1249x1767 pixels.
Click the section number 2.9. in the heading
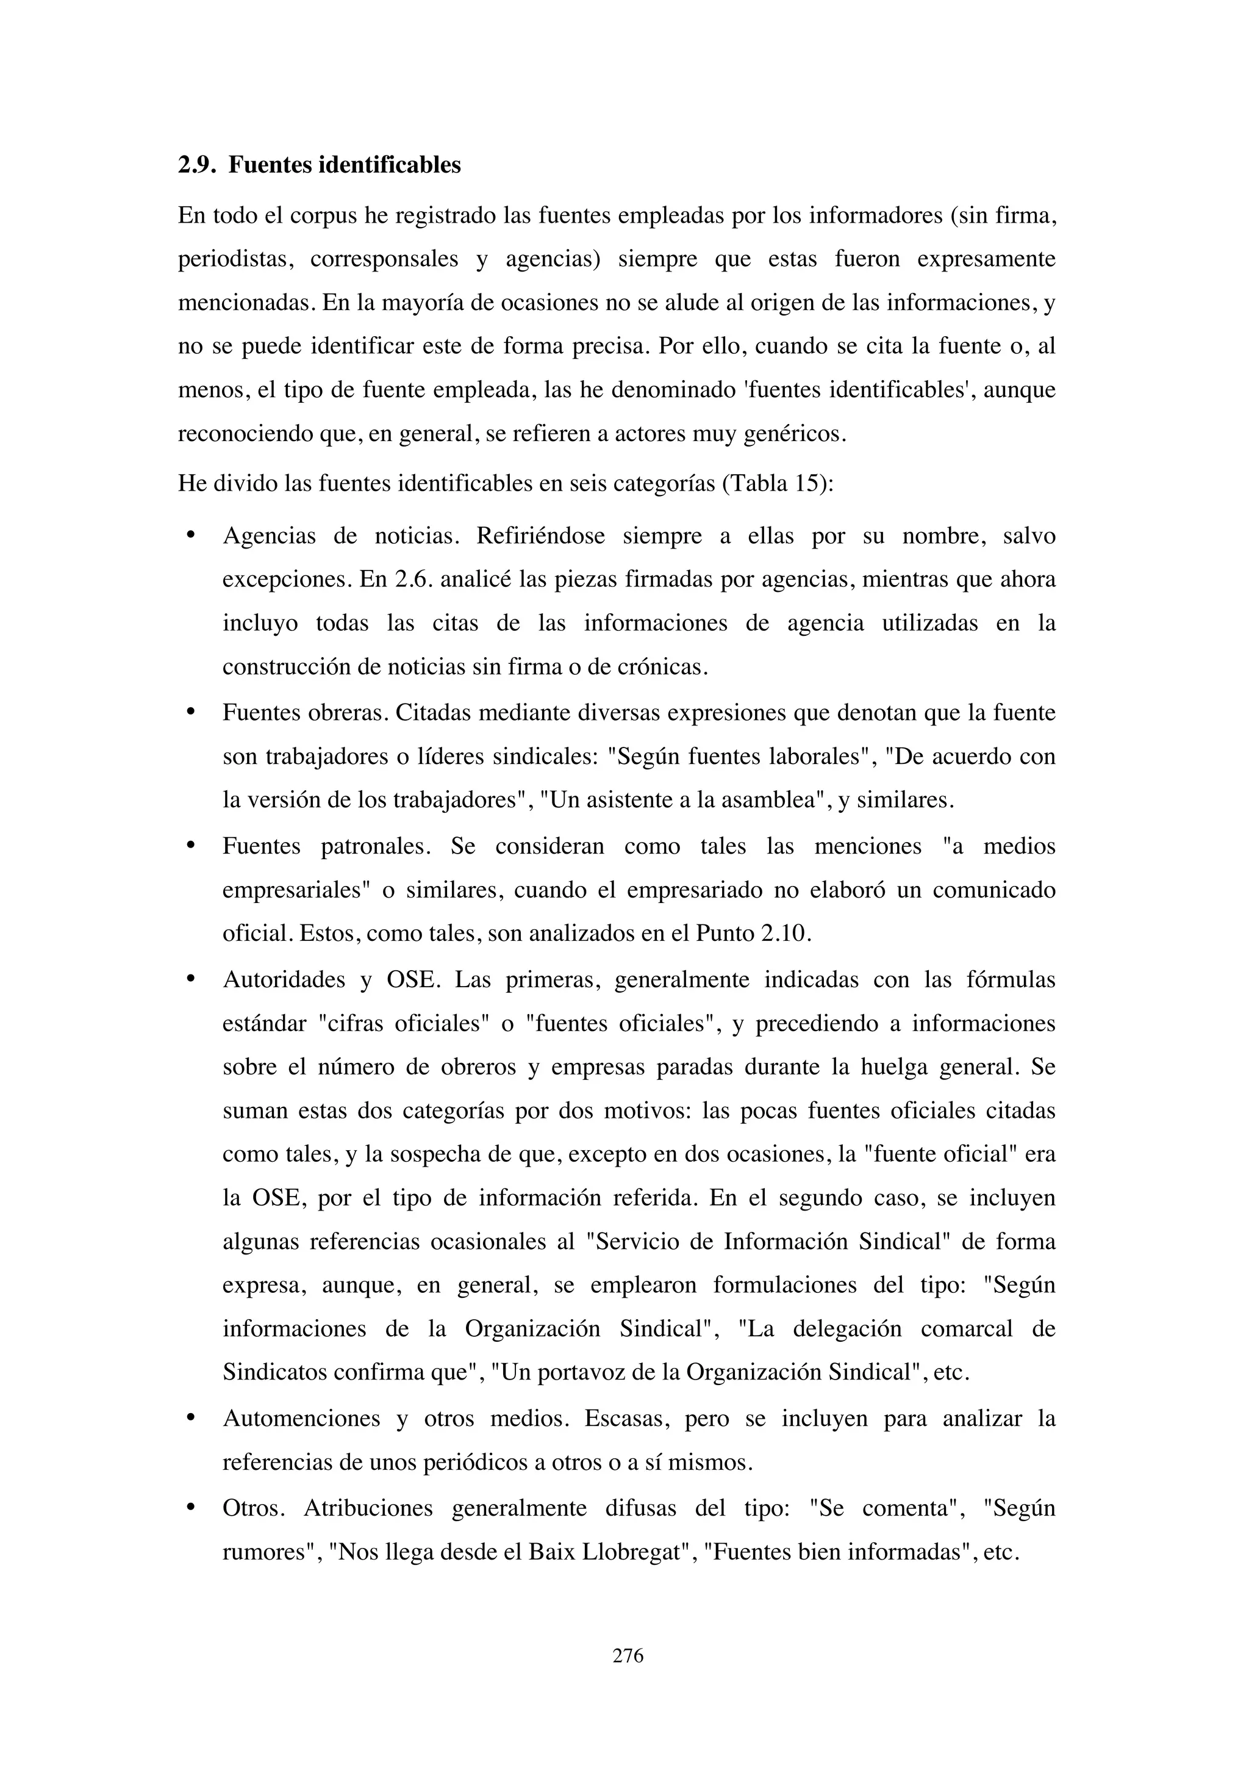197,165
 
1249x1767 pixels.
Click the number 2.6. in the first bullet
415,579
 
